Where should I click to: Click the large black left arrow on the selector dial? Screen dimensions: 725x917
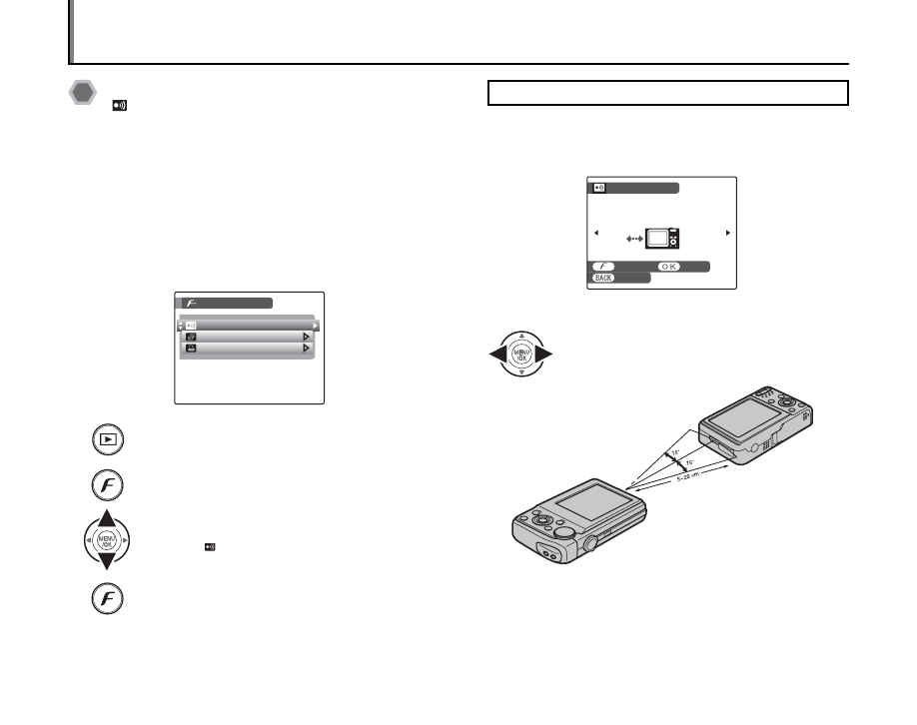[497, 355]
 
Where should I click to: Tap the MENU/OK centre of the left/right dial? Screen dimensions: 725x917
[520, 355]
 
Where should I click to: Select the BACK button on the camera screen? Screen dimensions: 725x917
[603, 279]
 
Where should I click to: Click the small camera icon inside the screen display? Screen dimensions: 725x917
[661, 238]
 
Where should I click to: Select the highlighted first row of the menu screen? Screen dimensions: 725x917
[248, 326]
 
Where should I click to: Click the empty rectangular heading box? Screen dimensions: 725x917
[667, 93]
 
